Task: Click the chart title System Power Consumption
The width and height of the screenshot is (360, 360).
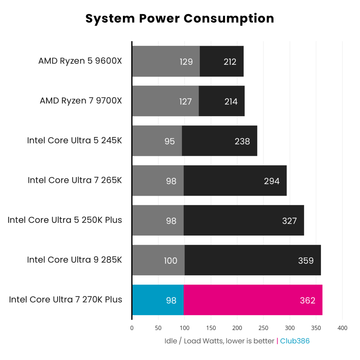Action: (x=180, y=19)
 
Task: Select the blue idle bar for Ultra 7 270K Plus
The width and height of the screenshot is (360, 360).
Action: (x=158, y=300)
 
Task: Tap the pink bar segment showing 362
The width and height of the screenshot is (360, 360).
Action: (x=253, y=300)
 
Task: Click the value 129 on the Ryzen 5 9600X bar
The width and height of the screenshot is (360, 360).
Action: (x=186, y=62)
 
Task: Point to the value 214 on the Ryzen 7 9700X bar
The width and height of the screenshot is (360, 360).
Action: (x=231, y=102)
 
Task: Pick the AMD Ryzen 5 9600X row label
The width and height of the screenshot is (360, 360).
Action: (x=80, y=61)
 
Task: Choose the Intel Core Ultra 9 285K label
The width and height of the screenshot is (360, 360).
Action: (x=74, y=260)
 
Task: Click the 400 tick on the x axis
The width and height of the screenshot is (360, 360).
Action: (x=342, y=328)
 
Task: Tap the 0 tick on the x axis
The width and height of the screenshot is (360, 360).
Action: (x=132, y=328)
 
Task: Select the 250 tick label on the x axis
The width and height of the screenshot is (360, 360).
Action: (x=263, y=328)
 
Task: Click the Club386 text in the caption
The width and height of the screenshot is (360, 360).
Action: (x=295, y=341)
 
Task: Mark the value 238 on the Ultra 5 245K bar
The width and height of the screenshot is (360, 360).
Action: (x=242, y=141)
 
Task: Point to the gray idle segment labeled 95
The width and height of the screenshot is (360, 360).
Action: (x=157, y=141)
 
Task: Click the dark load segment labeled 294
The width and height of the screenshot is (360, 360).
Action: (x=235, y=181)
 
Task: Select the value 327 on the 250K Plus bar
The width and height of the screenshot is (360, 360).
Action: (x=289, y=221)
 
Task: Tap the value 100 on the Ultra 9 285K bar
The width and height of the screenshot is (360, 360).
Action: (x=170, y=261)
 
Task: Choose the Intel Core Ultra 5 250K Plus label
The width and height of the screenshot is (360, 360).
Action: (x=65, y=220)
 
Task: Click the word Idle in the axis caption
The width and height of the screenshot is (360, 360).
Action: (x=171, y=341)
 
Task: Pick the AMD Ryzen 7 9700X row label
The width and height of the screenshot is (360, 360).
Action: (x=81, y=100)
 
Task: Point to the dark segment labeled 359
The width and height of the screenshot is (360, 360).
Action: (x=253, y=260)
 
